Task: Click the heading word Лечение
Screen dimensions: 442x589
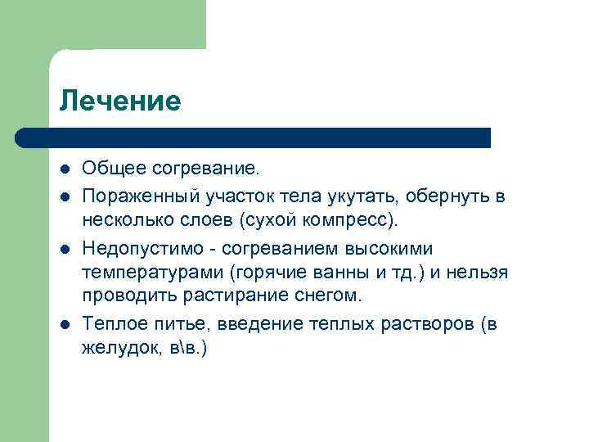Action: click(x=119, y=101)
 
